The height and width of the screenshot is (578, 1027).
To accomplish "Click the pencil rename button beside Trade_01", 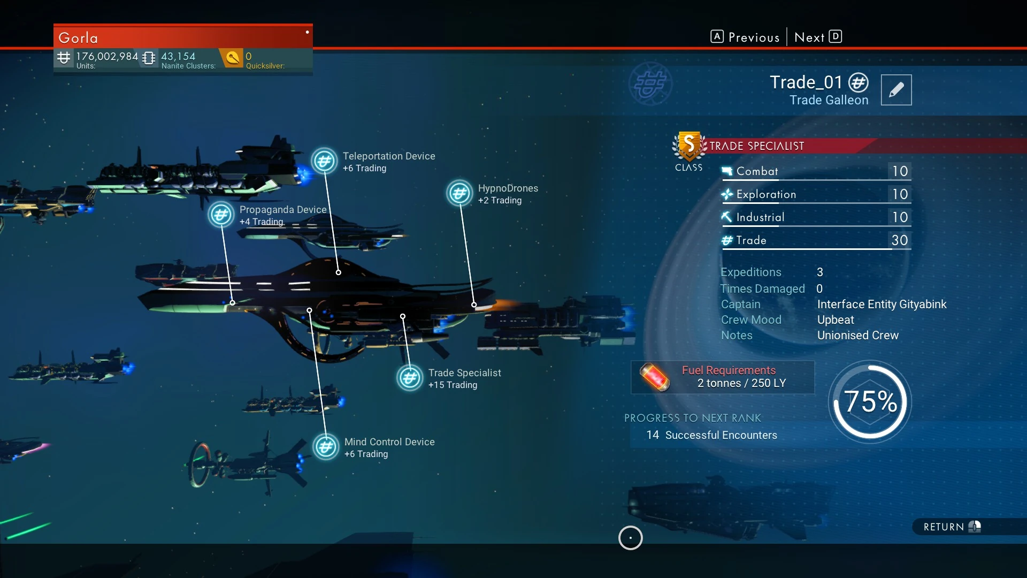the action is [896, 90].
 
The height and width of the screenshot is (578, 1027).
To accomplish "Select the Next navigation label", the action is [809, 37].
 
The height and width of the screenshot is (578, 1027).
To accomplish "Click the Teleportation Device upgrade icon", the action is [324, 161].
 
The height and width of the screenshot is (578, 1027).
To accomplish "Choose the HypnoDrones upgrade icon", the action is [459, 193].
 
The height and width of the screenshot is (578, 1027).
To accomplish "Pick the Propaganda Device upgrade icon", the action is [221, 215].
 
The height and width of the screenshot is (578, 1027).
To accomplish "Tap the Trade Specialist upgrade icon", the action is [410, 378].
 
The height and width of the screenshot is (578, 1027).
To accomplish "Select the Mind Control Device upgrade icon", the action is [326, 447].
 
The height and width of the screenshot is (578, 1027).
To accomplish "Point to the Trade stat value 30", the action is [899, 240].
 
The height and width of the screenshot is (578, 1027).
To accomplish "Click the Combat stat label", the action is [757, 171].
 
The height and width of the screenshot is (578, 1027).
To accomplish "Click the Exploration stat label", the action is [766, 194].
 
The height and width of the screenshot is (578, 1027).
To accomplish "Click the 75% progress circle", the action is [870, 401].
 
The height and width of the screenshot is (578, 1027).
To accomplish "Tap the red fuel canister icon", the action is [655, 377].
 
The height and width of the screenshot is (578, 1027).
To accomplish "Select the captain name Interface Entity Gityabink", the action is [882, 305].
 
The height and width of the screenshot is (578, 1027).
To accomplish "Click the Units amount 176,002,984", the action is [107, 56].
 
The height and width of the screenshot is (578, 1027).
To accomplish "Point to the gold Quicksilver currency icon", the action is [233, 57].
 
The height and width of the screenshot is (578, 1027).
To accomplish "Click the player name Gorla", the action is [78, 38].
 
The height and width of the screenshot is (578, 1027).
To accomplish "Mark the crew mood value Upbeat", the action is [836, 320].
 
